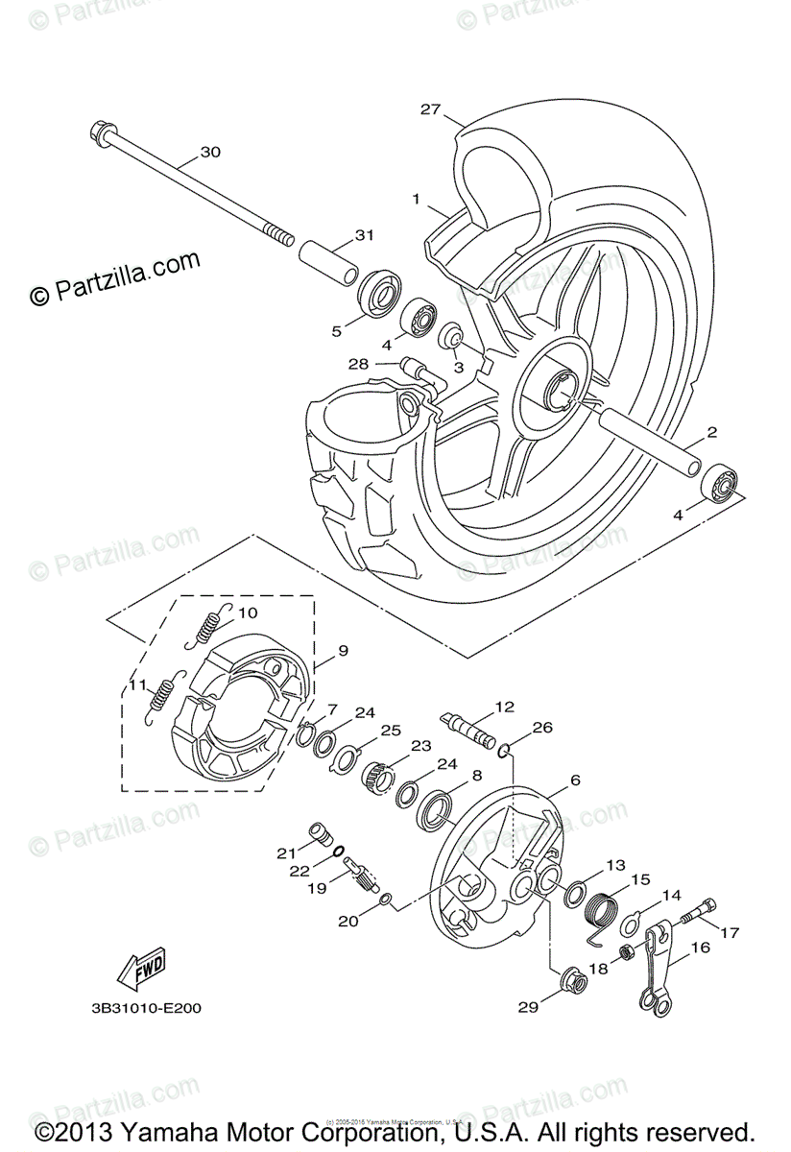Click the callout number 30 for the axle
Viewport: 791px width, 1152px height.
210,153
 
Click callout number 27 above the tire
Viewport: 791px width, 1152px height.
429,109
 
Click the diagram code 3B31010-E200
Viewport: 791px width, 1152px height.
147,1009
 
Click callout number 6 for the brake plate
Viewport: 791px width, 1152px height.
575,780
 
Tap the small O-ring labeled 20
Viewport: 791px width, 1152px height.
384,900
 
